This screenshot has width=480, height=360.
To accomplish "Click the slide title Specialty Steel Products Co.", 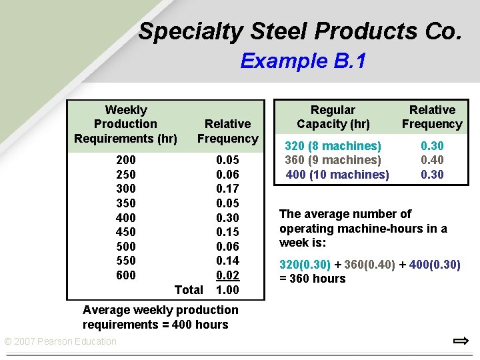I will (299, 31).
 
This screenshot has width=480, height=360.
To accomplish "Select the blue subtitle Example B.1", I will (303, 61).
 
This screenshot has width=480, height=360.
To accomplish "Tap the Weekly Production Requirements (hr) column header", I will (126, 124).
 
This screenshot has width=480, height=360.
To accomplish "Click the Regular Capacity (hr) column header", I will (333, 117).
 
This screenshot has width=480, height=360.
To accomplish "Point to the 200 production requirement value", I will (125, 160).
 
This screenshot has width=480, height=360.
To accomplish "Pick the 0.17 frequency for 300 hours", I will (227, 189).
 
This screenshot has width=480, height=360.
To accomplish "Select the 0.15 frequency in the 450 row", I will (227, 232).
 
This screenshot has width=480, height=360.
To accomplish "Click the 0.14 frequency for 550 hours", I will (227, 261).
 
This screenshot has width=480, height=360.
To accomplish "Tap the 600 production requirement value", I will (125, 275).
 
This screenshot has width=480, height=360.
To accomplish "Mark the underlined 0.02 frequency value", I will (227, 275).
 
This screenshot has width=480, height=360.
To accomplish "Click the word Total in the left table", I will (188, 290).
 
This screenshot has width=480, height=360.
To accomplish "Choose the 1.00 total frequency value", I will (227, 290).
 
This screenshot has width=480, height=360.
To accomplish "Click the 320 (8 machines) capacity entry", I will (333, 146).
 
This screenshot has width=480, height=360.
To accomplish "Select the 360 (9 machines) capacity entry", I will (333, 160).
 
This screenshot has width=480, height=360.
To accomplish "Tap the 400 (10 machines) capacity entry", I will (337, 175).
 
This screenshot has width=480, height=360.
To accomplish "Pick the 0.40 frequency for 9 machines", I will (432, 160).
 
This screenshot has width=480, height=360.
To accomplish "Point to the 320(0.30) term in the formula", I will (305, 265).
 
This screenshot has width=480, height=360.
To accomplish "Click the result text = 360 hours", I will (313, 279).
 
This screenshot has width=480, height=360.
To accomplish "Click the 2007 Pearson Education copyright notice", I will (60, 342).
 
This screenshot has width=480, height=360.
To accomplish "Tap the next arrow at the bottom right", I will (460, 341).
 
